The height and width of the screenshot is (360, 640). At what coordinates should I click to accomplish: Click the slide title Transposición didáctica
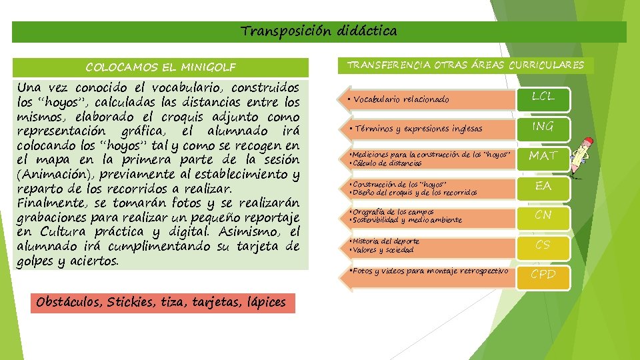[319, 31]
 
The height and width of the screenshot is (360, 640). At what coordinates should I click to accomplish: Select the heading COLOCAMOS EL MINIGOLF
[160, 67]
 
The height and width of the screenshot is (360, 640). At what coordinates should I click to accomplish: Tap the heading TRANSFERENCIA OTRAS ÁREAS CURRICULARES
[465, 65]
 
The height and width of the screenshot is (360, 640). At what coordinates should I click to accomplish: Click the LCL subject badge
[543, 98]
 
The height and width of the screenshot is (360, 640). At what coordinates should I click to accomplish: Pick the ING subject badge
[543, 127]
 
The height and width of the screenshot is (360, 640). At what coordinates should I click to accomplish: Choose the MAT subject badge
[543, 156]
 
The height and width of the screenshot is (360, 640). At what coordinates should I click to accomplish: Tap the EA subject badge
[543, 186]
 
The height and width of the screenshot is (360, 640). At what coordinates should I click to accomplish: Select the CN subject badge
[543, 215]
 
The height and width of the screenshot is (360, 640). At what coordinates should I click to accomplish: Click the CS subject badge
[543, 245]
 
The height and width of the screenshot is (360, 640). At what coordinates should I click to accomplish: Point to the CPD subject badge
[543, 274]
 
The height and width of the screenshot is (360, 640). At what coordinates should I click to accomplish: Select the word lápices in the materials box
[264, 303]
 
